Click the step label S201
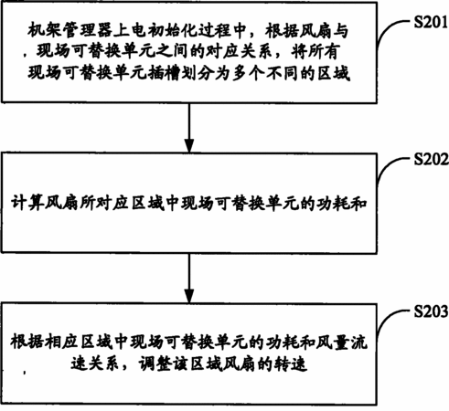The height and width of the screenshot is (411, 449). click(431, 22)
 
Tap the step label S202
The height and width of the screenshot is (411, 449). click(431, 159)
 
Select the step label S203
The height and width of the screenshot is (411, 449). click(431, 311)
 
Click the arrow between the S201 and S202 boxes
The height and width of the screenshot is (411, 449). click(189, 127)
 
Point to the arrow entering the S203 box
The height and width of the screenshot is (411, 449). click(189, 278)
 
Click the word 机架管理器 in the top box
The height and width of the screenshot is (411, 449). click(69, 30)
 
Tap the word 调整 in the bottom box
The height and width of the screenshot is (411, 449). click(155, 363)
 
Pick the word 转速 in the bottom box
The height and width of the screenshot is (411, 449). click(291, 363)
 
